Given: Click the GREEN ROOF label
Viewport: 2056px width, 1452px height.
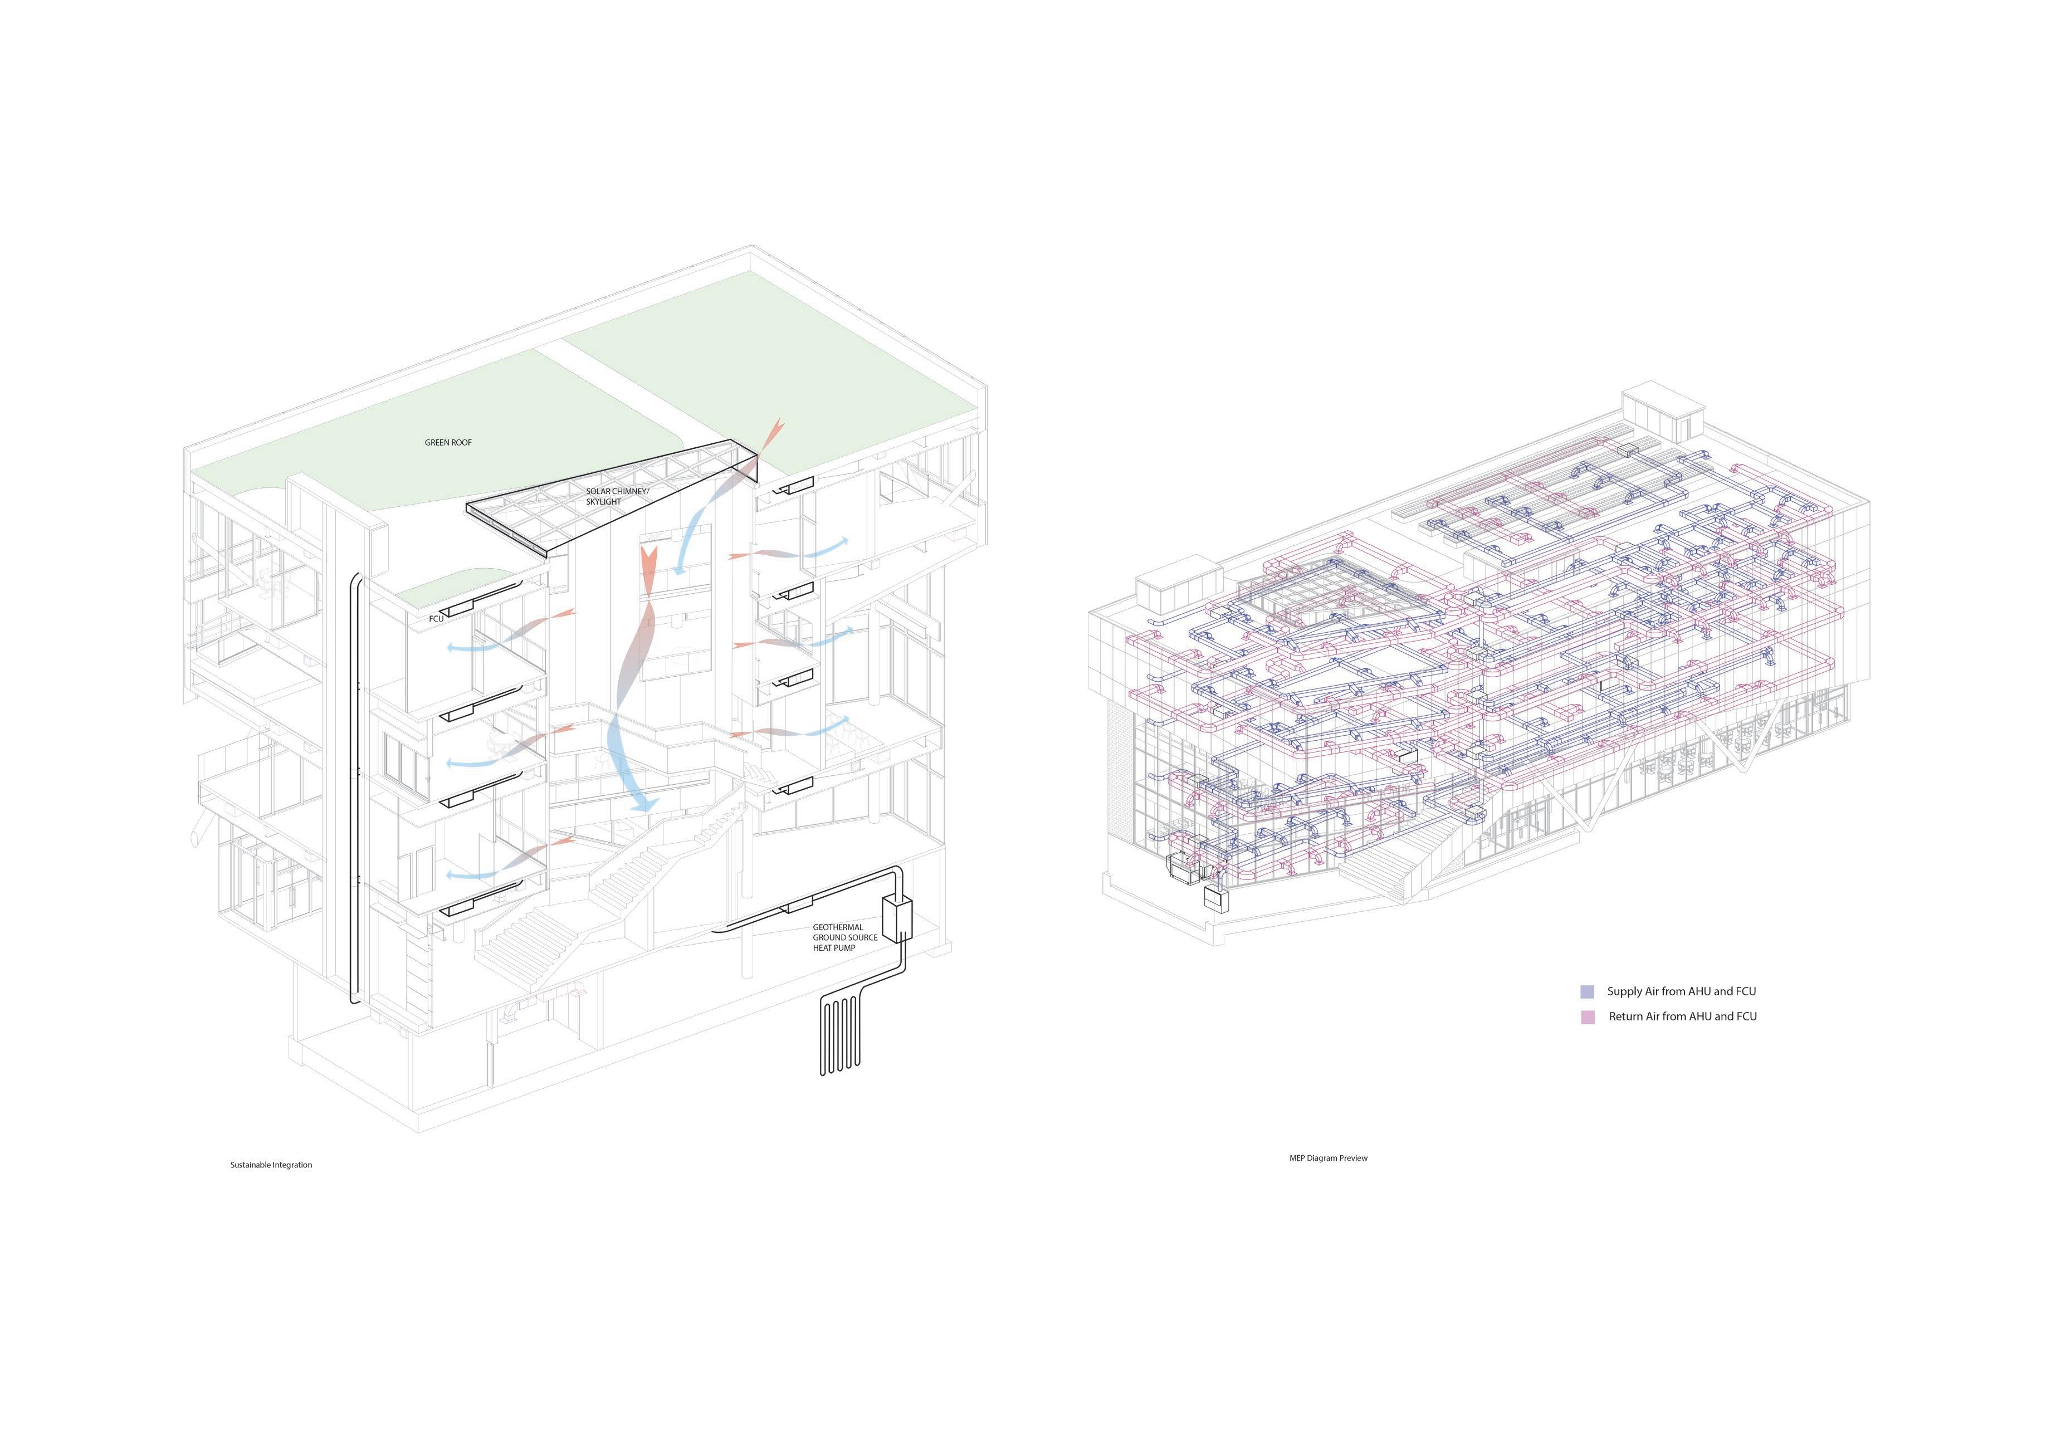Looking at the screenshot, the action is click(448, 442).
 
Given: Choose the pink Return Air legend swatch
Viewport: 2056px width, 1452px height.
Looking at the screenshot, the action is click(1587, 1017).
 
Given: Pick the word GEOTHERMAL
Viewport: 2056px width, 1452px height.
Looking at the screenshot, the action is click(838, 927).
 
